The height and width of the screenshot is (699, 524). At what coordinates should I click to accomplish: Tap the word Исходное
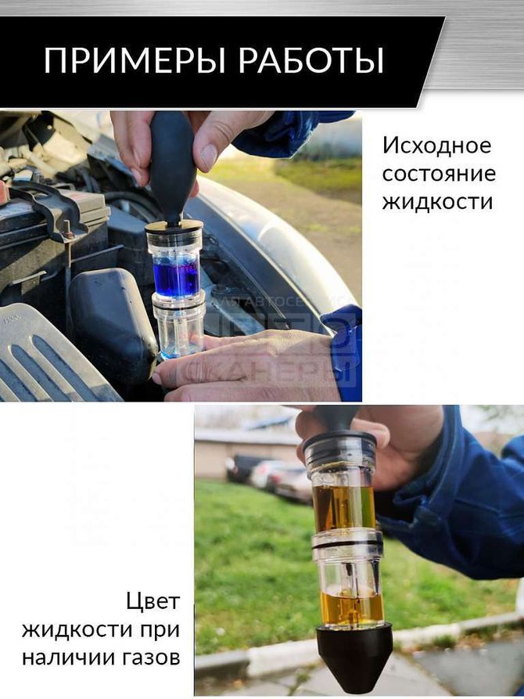436,146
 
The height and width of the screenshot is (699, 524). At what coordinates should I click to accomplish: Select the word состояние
438,173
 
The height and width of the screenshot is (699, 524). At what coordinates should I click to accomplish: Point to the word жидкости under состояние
437,201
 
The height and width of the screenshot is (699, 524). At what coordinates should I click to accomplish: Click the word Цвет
153,601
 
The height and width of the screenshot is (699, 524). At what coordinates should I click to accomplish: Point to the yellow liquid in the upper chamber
343,506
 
